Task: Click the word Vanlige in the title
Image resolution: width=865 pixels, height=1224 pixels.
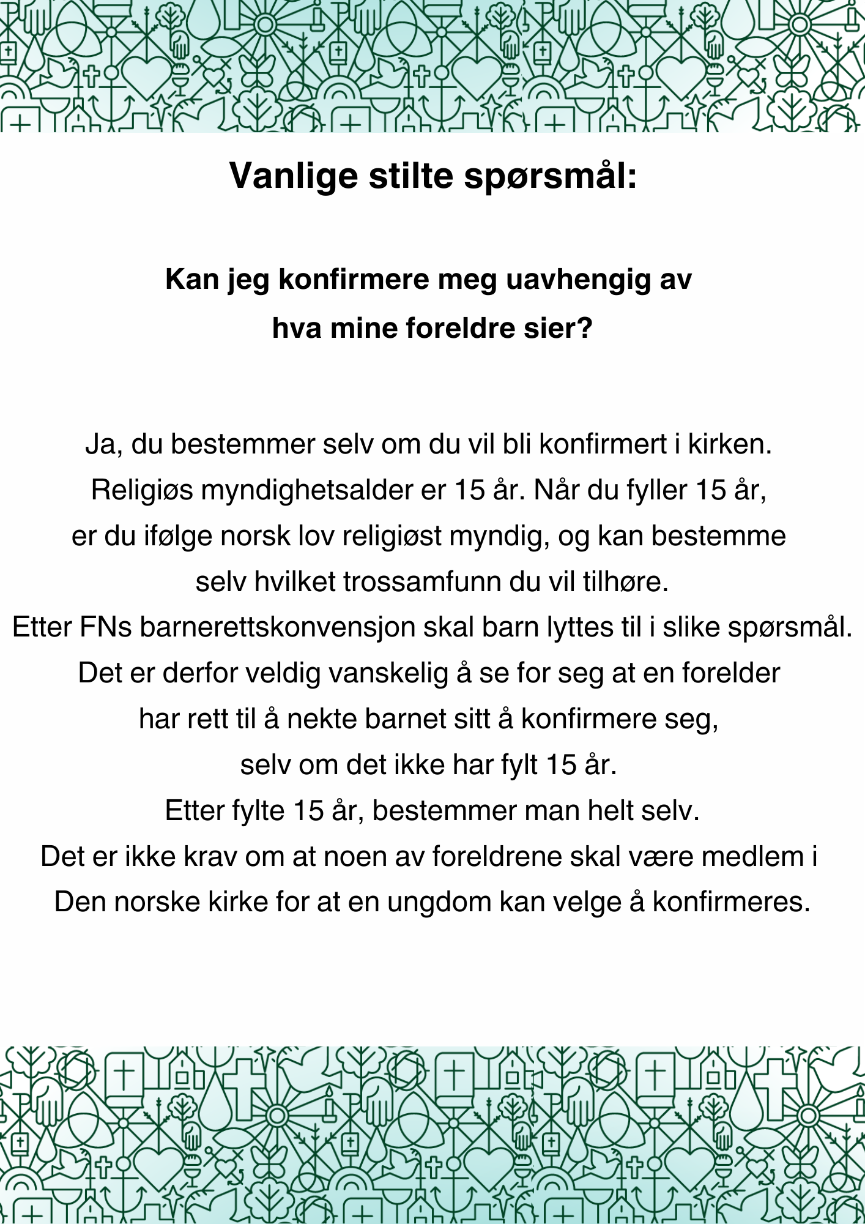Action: pos(293,176)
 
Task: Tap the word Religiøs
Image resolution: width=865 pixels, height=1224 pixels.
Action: pos(142,490)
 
